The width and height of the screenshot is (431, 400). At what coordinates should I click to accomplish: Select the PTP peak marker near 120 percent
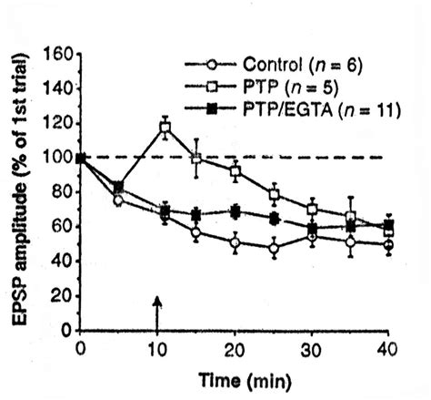165,128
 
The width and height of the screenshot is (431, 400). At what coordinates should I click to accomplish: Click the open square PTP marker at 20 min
236,170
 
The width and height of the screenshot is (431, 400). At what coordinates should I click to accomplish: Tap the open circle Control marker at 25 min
274,248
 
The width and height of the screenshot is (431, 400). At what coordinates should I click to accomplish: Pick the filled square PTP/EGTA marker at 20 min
236,211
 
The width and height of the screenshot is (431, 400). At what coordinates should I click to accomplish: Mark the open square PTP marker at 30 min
313,210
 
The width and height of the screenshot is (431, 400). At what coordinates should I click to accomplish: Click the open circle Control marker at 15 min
197,233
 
